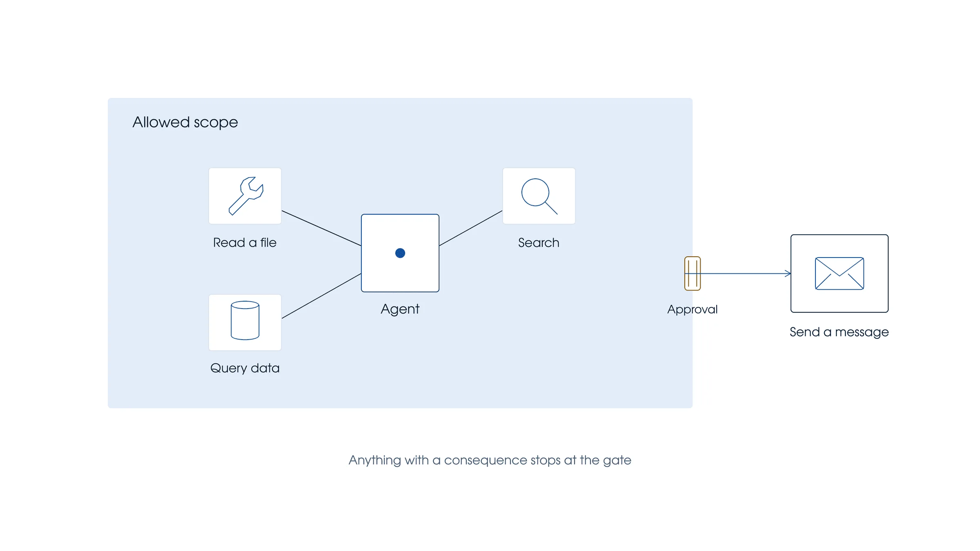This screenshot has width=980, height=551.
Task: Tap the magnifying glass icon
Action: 539,196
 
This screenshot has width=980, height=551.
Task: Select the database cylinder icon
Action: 245,320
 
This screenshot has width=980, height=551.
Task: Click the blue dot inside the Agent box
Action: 400,253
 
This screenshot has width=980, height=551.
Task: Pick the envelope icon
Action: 840,273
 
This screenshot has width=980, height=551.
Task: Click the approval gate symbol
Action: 693,273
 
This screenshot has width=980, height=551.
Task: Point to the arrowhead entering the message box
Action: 788,273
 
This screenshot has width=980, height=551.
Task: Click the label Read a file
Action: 245,243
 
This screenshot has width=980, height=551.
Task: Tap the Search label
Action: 539,243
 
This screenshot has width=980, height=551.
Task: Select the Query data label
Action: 245,368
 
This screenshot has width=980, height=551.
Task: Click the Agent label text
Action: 400,309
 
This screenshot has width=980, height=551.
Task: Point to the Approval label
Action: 693,309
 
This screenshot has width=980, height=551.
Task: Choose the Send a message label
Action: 840,332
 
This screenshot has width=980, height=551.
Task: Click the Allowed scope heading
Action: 185,122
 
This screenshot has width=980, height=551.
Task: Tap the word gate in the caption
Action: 617,461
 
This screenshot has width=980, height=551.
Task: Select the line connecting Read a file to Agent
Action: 321,228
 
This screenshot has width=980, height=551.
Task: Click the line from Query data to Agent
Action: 321,296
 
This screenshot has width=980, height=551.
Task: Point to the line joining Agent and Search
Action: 471,228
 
